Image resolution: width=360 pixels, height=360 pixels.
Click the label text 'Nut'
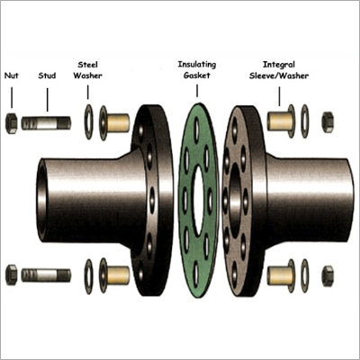click(x=12, y=76)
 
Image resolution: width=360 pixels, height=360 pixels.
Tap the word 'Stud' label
click(x=47, y=76)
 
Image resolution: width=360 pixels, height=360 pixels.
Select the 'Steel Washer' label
click(x=87, y=70)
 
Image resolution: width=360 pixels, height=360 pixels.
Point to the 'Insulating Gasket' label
click(x=197, y=69)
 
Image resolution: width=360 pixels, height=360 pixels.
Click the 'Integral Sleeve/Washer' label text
click(x=279, y=70)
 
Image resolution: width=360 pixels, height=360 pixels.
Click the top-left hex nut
click(x=12, y=123)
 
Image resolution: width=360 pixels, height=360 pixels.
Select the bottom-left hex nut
click(x=12, y=274)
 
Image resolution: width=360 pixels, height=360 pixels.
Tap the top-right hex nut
click(x=328, y=121)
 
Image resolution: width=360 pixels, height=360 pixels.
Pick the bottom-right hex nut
click(x=328, y=275)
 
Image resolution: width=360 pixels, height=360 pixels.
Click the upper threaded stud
click(x=46, y=123)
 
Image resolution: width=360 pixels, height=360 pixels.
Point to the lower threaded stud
click(x=46, y=275)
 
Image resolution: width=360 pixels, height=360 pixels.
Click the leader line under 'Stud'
click(x=47, y=100)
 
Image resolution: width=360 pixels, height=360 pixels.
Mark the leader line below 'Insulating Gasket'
click(x=197, y=91)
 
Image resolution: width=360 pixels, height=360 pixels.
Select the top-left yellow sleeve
click(x=118, y=123)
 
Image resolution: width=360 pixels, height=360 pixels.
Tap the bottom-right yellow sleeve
click(x=278, y=275)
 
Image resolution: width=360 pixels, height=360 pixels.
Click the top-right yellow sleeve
click(x=278, y=121)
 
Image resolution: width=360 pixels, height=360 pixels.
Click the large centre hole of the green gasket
click(x=198, y=201)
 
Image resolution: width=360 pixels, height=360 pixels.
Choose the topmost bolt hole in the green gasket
click(x=196, y=130)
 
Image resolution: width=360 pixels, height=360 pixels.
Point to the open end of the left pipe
click(x=41, y=200)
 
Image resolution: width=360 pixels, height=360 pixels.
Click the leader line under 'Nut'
click(x=12, y=97)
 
